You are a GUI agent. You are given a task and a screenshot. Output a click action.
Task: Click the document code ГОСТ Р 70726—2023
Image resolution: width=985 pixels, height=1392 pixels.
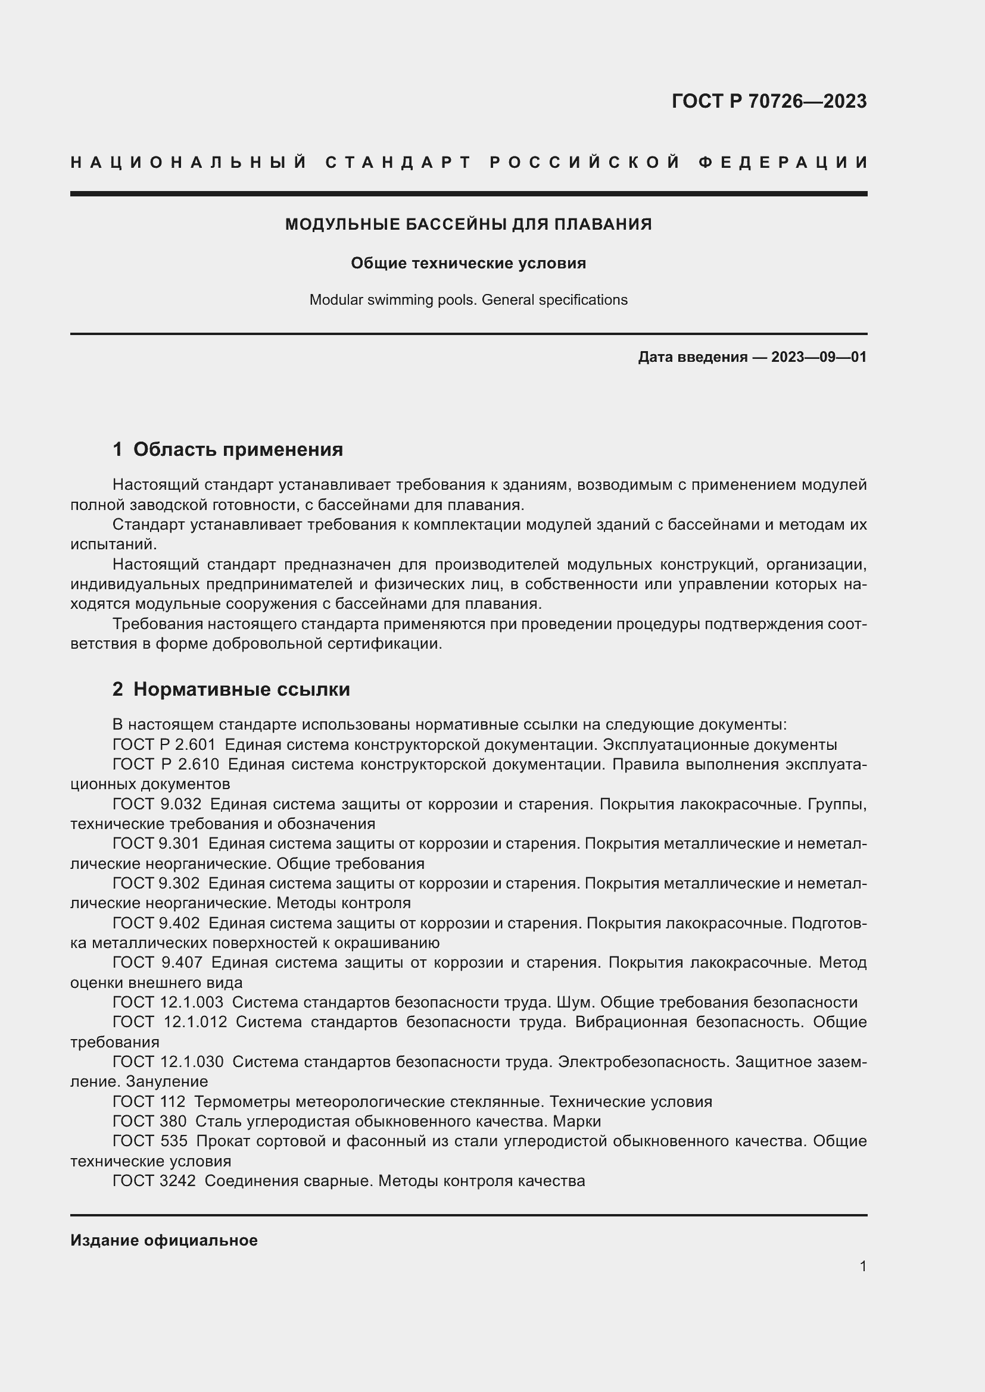(768, 101)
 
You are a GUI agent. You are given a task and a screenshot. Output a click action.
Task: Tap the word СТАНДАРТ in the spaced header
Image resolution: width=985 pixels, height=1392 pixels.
(398, 162)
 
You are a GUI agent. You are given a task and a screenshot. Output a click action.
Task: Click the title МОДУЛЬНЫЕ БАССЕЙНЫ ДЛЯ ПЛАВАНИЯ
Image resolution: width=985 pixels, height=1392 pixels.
(468, 224)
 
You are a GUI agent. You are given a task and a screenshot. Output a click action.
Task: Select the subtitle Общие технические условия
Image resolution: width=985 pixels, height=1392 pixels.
(468, 263)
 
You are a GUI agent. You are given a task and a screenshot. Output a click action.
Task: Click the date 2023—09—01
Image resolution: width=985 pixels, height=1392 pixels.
(818, 357)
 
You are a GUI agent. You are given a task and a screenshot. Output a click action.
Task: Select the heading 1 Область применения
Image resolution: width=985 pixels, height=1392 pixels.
(227, 449)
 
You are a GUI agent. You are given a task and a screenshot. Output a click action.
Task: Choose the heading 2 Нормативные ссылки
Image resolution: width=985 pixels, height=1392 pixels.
(231, 689)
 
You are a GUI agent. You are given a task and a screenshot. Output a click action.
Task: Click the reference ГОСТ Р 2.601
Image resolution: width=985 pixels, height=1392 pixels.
(164, 745)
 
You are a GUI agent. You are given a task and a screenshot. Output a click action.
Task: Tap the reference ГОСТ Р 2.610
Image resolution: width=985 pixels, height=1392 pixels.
(166, 764)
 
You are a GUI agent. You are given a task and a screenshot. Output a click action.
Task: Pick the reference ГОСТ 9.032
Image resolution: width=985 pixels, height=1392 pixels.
(157, 804)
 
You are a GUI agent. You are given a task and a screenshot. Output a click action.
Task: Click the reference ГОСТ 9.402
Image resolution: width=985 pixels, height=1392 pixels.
(156, 923)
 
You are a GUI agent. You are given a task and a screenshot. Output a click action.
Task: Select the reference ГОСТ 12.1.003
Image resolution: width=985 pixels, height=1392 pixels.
(167, 1002)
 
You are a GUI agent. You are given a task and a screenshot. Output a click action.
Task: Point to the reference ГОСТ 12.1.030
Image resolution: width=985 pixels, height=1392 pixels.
(168, 1062)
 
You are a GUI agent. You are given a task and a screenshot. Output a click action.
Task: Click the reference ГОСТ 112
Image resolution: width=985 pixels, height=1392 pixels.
(149, 1102)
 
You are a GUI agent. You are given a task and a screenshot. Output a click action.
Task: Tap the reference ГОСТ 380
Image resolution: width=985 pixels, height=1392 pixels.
(149, 1121)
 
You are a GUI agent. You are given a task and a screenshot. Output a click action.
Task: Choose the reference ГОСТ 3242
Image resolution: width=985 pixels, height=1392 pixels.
(154, 1180)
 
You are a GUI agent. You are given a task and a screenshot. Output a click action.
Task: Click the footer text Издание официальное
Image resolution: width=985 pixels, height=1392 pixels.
(164, 1240)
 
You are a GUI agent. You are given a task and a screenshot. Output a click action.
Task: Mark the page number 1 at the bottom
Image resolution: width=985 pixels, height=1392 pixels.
(862, 1266)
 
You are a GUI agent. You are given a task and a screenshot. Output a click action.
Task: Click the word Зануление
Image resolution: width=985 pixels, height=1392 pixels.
(167, 1081)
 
